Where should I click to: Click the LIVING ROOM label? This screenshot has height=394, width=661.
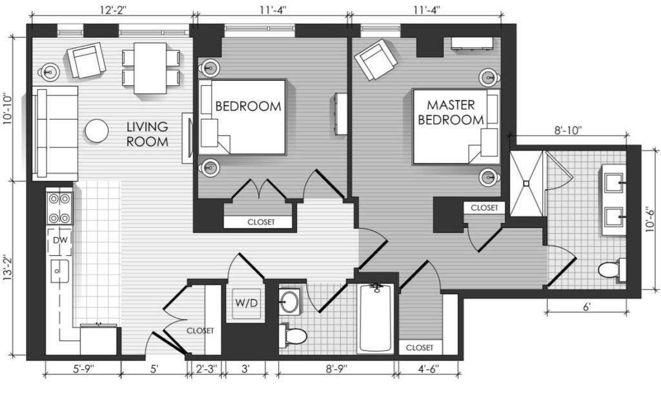point(148,134)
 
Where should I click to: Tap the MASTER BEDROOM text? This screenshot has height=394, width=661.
point(451,112)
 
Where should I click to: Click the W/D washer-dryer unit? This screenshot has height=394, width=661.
point(246,303)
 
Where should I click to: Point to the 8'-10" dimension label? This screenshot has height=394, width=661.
point(568,130)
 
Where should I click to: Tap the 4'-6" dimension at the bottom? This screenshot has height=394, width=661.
point(429,368)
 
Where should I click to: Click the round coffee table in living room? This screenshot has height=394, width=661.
point(97,131)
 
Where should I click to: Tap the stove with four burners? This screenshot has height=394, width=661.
point(60,209)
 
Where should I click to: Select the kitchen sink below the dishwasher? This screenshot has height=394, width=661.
point(60,271)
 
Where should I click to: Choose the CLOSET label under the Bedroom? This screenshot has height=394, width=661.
point(261,222)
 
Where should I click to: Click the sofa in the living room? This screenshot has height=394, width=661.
point(56,133)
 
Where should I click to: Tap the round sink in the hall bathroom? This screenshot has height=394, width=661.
point(289,301)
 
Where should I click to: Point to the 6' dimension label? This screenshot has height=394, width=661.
point(586,307)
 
